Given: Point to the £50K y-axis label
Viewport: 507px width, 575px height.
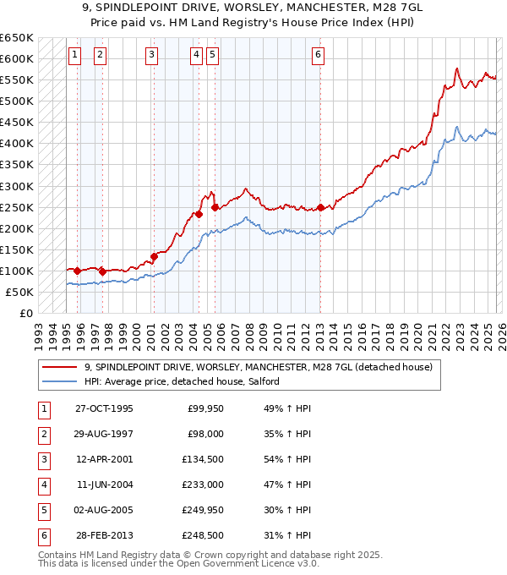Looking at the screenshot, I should (x=19, y=292).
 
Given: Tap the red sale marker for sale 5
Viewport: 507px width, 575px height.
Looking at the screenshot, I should (x=215, y=207).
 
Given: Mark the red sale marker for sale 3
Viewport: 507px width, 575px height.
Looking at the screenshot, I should (x=155, y=256).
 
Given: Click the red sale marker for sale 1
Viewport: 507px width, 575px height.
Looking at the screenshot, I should (x=77, y=271).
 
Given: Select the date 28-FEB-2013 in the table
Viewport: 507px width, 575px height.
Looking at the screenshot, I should (x=104, y=534).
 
